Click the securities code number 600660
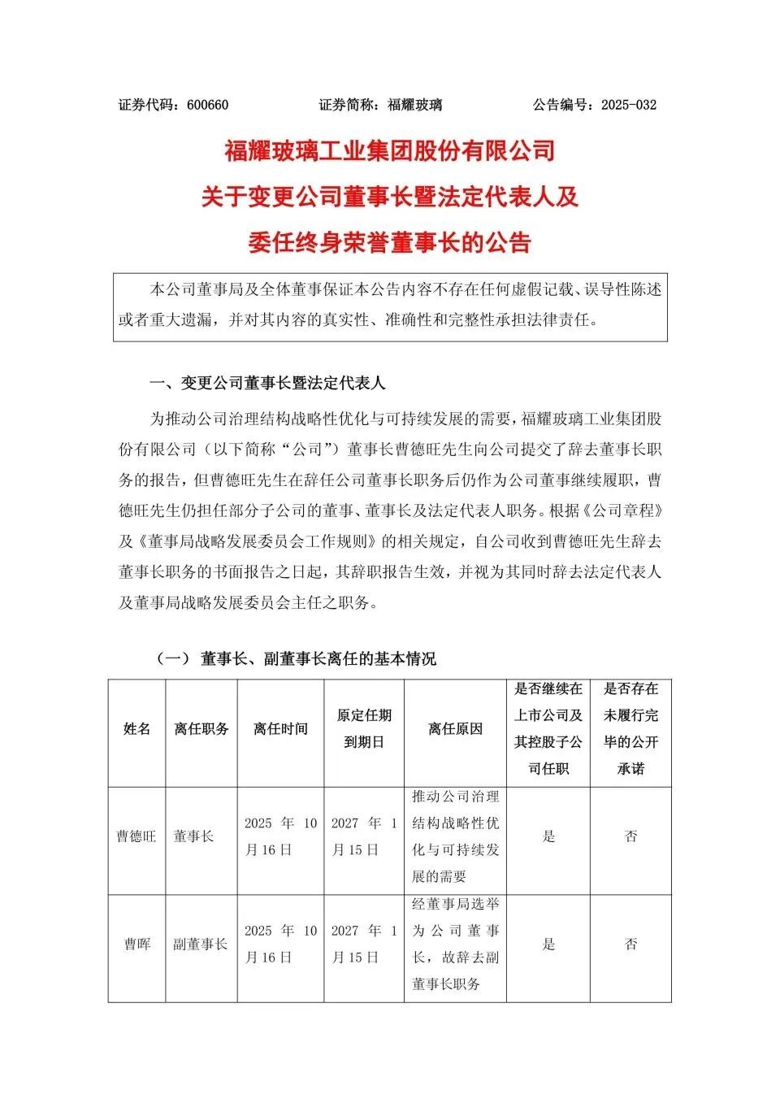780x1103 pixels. click(207, 105)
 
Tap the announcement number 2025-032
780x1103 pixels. click(628, 105)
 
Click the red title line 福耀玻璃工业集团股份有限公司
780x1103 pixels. click(390, 151)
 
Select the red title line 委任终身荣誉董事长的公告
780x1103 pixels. click(390, 242)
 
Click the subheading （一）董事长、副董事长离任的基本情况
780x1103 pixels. click(296, 658)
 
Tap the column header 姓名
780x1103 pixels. click(136, 729)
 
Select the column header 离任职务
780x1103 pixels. click(201, 729)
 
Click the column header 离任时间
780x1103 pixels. click(280, 729)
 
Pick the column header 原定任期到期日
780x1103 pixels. click(364, 728)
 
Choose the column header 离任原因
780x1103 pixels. click(455, 729)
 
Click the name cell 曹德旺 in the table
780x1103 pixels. click(136, 836)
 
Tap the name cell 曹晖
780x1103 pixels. click(136, 944)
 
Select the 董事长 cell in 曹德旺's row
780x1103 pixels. click(193, 836)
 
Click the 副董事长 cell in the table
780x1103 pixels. click(201, 944)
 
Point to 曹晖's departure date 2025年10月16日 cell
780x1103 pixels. click(280, 944)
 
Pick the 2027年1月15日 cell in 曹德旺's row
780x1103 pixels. click(364, 836)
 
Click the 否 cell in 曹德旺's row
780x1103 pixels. click(630, 836)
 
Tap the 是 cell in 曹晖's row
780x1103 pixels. click(548, 944)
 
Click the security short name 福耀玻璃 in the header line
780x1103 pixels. click(414, 105)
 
